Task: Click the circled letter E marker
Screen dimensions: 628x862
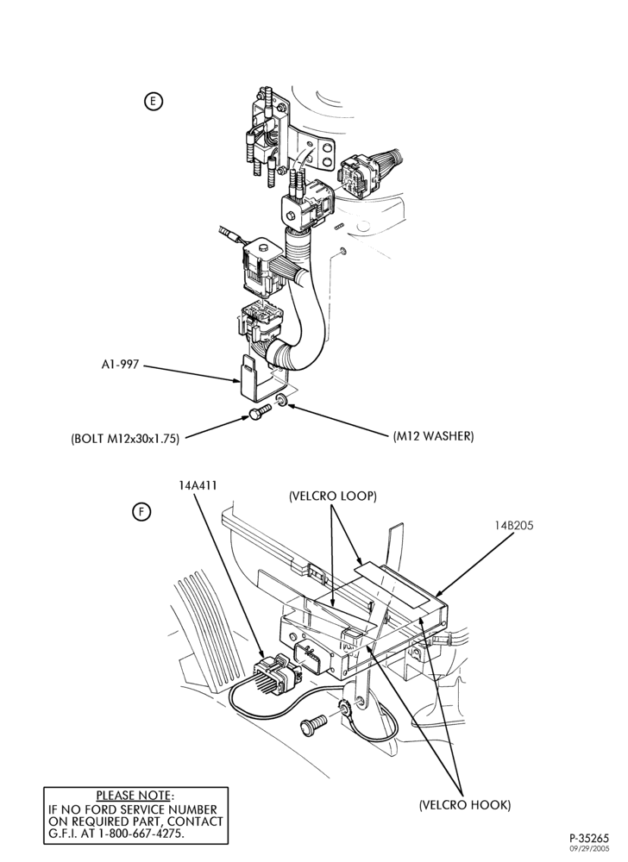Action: point(153,101)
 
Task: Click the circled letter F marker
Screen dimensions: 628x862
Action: point(141,512)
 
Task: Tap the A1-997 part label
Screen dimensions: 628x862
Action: point(120,365)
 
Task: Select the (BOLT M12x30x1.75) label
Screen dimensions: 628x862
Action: point(125,440)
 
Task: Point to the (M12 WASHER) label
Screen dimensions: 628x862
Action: point(433,436)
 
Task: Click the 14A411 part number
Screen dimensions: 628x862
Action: point(197,485)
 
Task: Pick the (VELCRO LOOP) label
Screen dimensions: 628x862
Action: point(333,496)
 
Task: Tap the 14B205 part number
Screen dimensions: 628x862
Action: point(513,525)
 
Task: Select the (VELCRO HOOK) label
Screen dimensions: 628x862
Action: point(465,805)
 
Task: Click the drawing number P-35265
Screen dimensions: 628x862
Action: point(589,839)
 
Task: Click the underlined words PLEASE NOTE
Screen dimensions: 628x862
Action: point(134,796)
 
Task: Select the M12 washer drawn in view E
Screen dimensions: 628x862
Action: point(281,399)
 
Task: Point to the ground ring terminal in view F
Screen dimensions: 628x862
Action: point(344,709)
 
